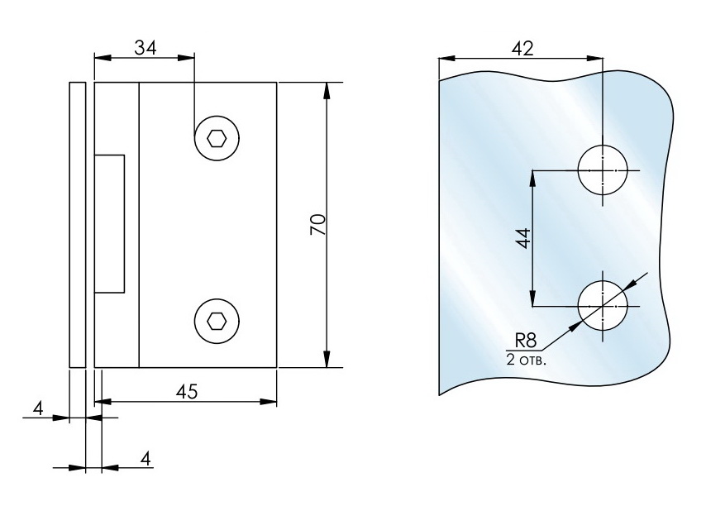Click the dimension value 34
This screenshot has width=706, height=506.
145,48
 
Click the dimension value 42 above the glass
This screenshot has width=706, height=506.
521,48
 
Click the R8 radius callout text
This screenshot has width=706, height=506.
526,339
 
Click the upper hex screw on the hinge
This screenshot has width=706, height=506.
217,138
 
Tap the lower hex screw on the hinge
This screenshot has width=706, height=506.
217,320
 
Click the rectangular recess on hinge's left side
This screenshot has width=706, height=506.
110,222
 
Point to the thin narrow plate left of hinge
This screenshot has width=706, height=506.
77,224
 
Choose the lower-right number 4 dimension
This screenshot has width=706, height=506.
146,457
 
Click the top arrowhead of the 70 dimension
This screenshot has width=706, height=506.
327,90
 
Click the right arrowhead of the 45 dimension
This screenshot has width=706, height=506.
269,402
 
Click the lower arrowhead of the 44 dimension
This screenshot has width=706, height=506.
533,298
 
